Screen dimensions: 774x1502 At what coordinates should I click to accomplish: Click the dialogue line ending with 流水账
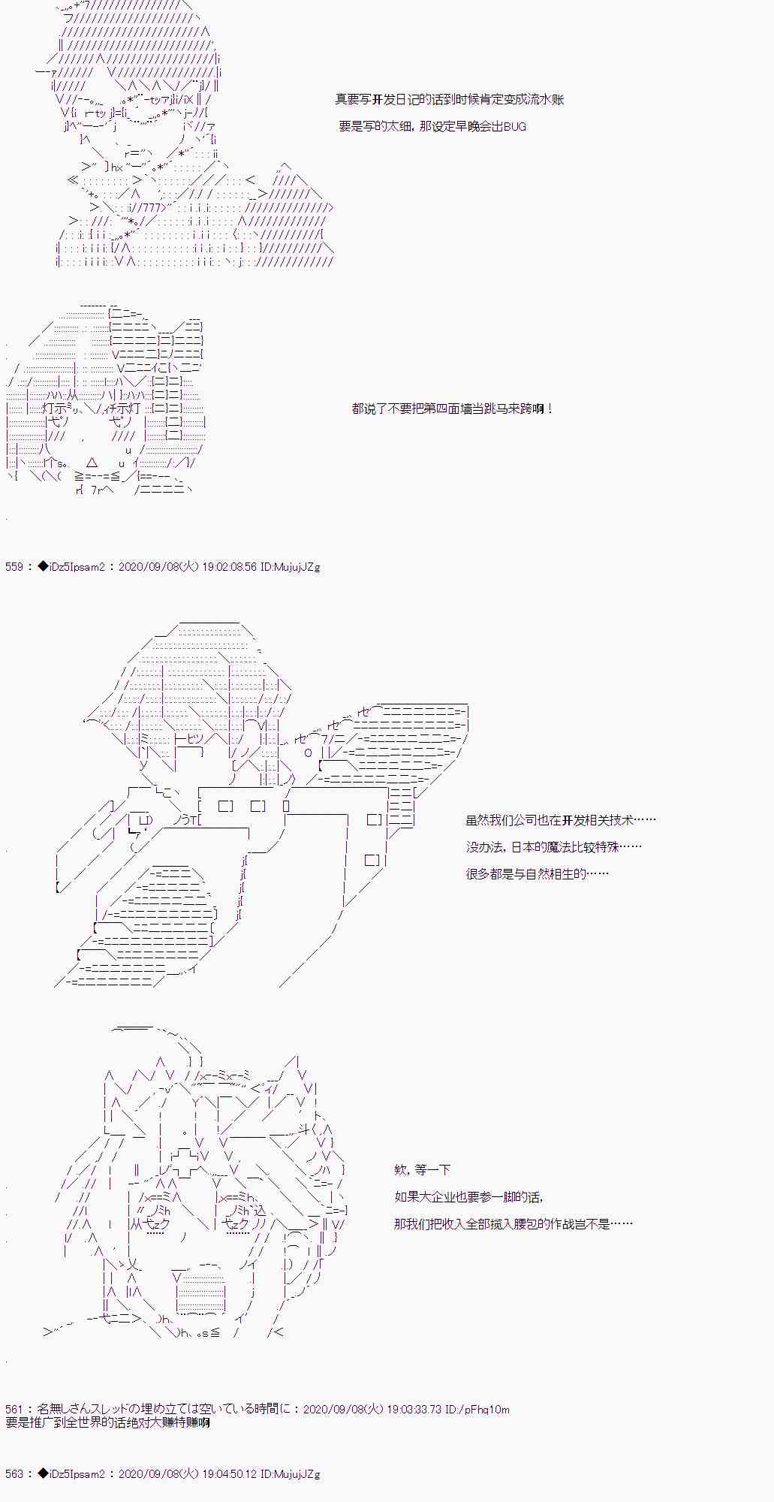[450, 100]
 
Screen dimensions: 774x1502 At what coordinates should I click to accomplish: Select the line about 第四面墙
[453, 409]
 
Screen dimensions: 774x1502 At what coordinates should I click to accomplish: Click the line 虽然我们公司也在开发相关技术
[561, 820]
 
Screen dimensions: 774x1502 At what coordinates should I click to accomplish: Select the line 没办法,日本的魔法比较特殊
[554, 846]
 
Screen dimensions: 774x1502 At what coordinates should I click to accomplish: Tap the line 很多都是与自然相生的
[537, 873]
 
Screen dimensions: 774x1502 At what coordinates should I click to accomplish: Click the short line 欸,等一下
[422, 1169]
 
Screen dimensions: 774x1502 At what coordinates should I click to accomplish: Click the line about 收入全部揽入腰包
[513, 1223]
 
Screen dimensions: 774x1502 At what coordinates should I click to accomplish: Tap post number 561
[14, 1410]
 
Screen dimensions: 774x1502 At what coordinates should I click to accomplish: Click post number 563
[14, 1474]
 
